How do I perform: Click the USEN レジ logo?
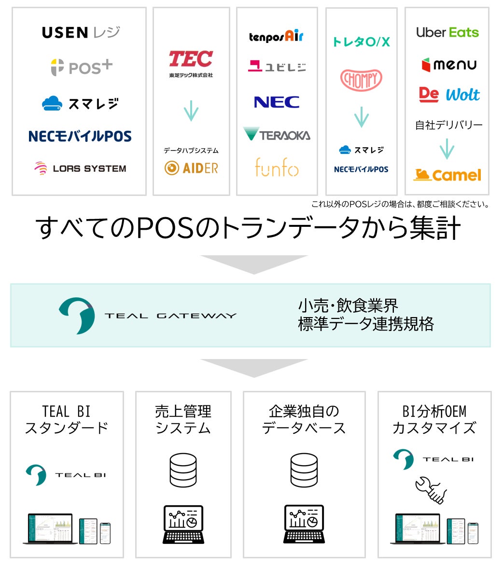tap(81, 33)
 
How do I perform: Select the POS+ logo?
tap(82, 67)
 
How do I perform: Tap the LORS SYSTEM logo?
tap(80, 168)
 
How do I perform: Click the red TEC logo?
tap(191, 59)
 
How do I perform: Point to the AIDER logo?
tap(191, 168)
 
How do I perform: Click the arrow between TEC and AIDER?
tap(191, 111)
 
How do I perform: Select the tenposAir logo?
tap(276, 36)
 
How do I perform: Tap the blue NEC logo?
tap(277, 102)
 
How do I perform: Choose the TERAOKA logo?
tap(277, 135)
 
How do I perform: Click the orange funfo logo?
tap(277, 167)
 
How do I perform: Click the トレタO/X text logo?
tap(361, 42)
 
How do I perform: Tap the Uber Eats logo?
tap(447, 32)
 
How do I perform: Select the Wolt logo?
tap(462, 95)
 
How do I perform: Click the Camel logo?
tap(447, 175)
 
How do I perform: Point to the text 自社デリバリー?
tap(448, 125)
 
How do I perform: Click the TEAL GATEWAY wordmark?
tap(170, 316)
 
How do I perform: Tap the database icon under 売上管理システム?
tap(183, 470)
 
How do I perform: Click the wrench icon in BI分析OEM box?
tap(431, 489)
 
